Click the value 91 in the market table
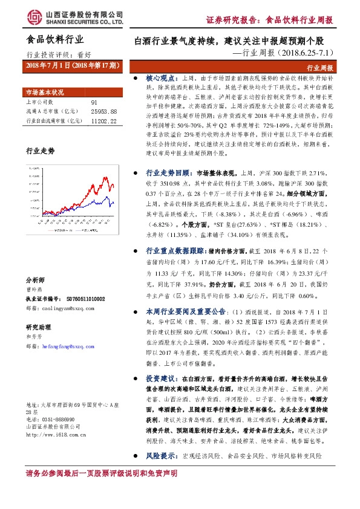tap(94, 103)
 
